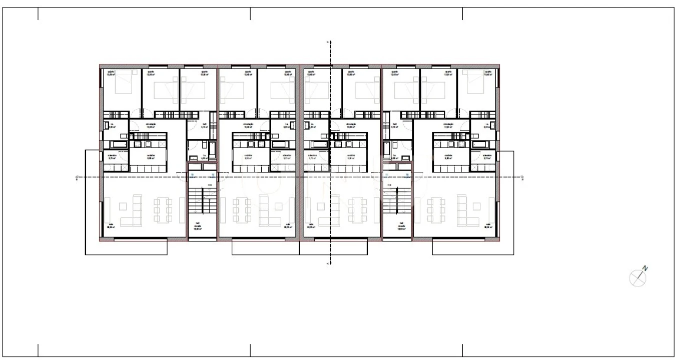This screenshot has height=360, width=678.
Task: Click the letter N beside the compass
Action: (645, 268)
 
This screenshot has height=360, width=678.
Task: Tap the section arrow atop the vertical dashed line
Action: (328, 42)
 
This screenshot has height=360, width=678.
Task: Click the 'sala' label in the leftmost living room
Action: (111, 225)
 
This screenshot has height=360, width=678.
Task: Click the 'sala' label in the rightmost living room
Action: (488, 225)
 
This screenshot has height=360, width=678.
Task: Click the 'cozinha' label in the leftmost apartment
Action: (150, 156)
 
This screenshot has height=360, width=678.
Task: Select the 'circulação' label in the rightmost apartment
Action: (448, 125)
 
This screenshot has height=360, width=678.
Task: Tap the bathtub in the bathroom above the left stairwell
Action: (212, 148)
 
